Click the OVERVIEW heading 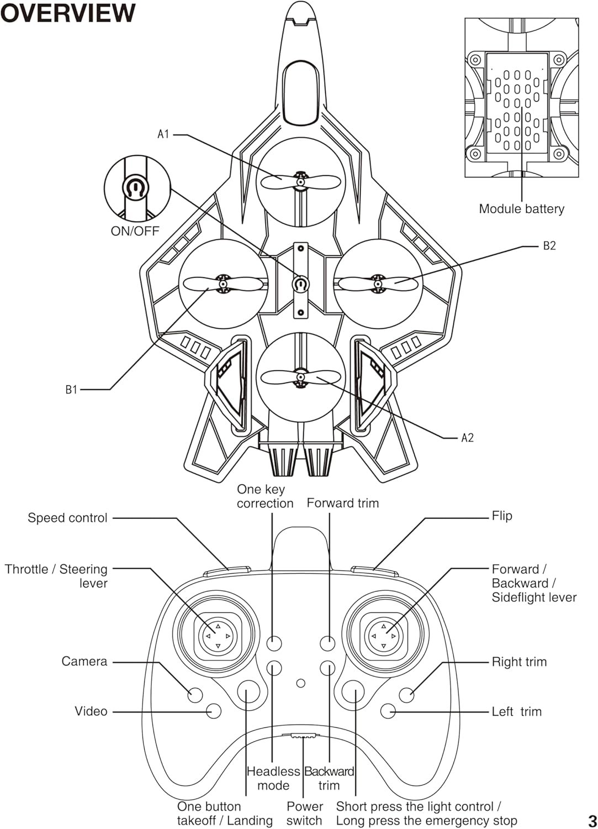coord(68,13)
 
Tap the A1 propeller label coord(163,134)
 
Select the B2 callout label coord(549,246)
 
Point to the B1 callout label coord(71,389)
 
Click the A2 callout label coord(468,438)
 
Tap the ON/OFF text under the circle coord(135,231)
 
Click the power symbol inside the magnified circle coord(135,188)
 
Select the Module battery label coord(521,209)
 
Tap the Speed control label coord(67,518)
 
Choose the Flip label coord(502,516)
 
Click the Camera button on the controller coord(195,695)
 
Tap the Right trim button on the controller coord(406,695)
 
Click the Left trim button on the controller coord(388,711)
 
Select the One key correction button coord(274,643)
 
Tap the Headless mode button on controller coord(274,668)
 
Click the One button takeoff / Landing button coord(248,691)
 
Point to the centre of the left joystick coord(218,636)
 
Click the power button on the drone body coord(301,284)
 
